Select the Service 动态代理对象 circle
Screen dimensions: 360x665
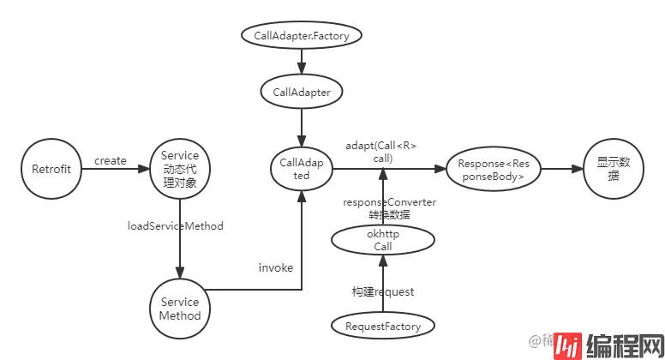(180, 169)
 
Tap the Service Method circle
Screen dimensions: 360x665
(180, 309)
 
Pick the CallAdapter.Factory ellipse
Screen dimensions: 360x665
(302, 36)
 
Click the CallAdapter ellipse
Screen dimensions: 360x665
(302, 92)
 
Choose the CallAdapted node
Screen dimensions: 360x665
(301, 169)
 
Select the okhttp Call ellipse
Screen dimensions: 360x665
(382, 240)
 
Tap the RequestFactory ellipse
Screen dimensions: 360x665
(382, 326)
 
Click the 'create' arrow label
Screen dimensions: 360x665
(111, 160)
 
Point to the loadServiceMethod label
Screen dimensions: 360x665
(176, 226)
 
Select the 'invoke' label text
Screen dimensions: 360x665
(276, 267)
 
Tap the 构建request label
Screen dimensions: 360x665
(383, 291)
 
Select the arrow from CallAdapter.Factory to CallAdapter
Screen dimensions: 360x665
(302, 63)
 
